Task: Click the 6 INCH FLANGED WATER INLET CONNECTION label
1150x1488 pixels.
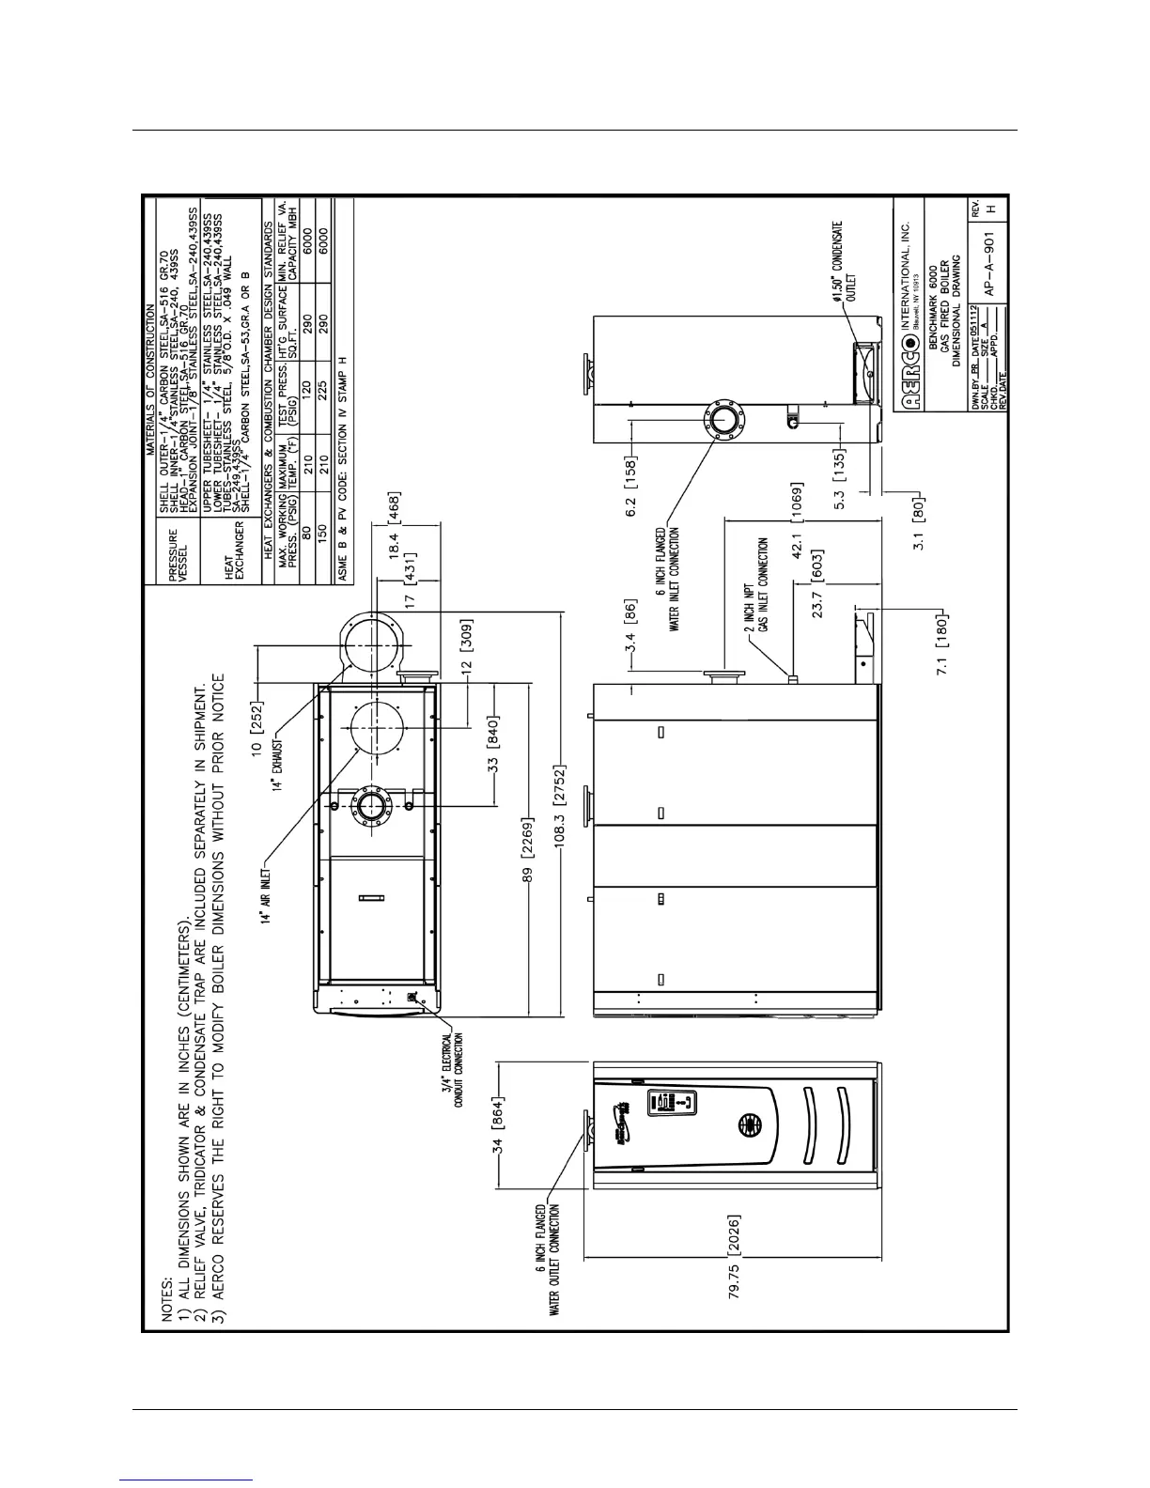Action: (667, 580)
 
